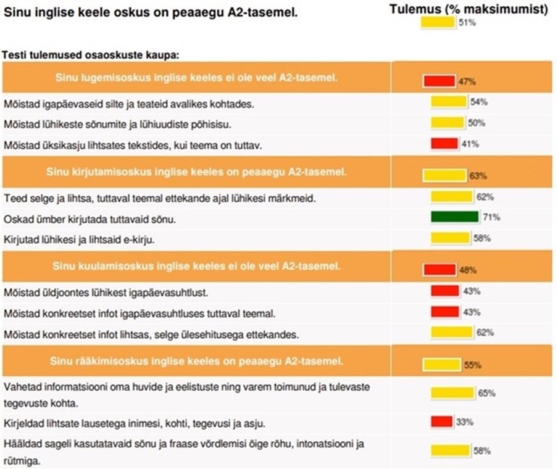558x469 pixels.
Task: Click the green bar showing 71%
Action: point(455,217)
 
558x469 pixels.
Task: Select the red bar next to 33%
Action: point(442,421)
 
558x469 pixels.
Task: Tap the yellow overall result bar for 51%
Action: point(438,23)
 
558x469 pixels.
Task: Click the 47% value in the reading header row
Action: point(467,81)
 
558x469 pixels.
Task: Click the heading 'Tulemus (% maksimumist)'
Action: point(469,9)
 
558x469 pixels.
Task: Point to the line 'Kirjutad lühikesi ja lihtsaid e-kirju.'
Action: point(78,239)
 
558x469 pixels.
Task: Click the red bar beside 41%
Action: point(444,144)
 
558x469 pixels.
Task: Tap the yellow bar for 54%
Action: point(449,102)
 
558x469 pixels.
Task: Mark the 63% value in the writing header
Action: point(478,176)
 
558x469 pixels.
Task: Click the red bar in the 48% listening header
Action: point(439,270)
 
